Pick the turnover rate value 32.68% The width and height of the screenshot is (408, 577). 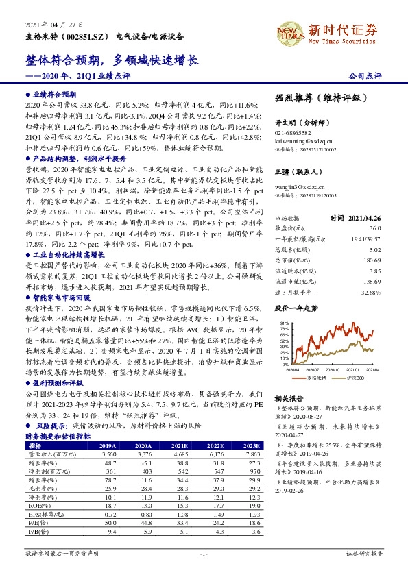370,293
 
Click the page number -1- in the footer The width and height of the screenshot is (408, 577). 204,571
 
